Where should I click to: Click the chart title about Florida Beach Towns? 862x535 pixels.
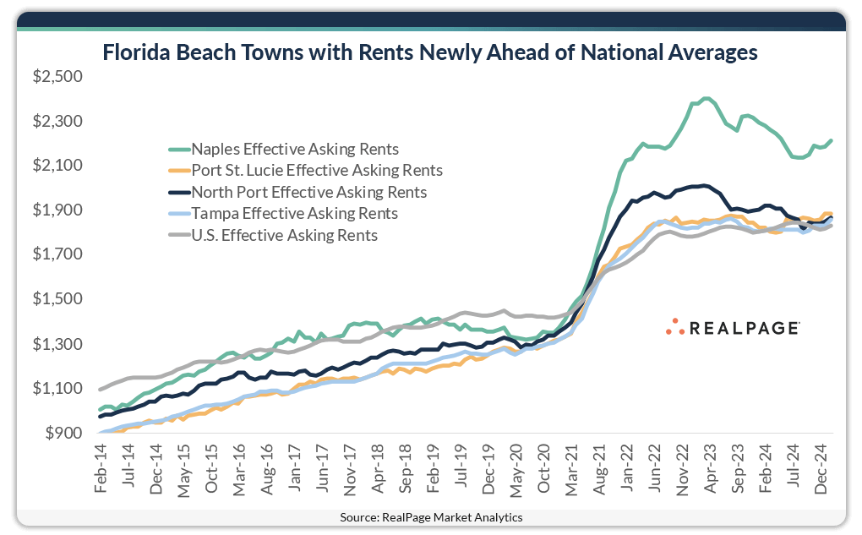tap(430, 52)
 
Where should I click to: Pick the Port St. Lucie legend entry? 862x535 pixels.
tap(318, 170)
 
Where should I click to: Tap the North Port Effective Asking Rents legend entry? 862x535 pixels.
tap(309, 192)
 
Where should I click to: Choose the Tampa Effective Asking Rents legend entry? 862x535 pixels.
tap(295, 214)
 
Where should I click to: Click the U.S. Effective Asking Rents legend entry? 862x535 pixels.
tap(285, 235)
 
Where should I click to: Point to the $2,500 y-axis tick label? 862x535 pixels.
tap(56, 77)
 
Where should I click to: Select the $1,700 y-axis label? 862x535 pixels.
tap(56, 254)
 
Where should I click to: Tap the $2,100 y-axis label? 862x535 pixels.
tap(56, 166)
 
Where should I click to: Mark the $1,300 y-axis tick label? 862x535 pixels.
tap(56, 344)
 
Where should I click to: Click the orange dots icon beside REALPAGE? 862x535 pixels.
tap(674, 326)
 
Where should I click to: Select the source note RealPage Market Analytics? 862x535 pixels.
tap(431, 516)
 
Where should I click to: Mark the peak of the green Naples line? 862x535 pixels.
tap(706, 98)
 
